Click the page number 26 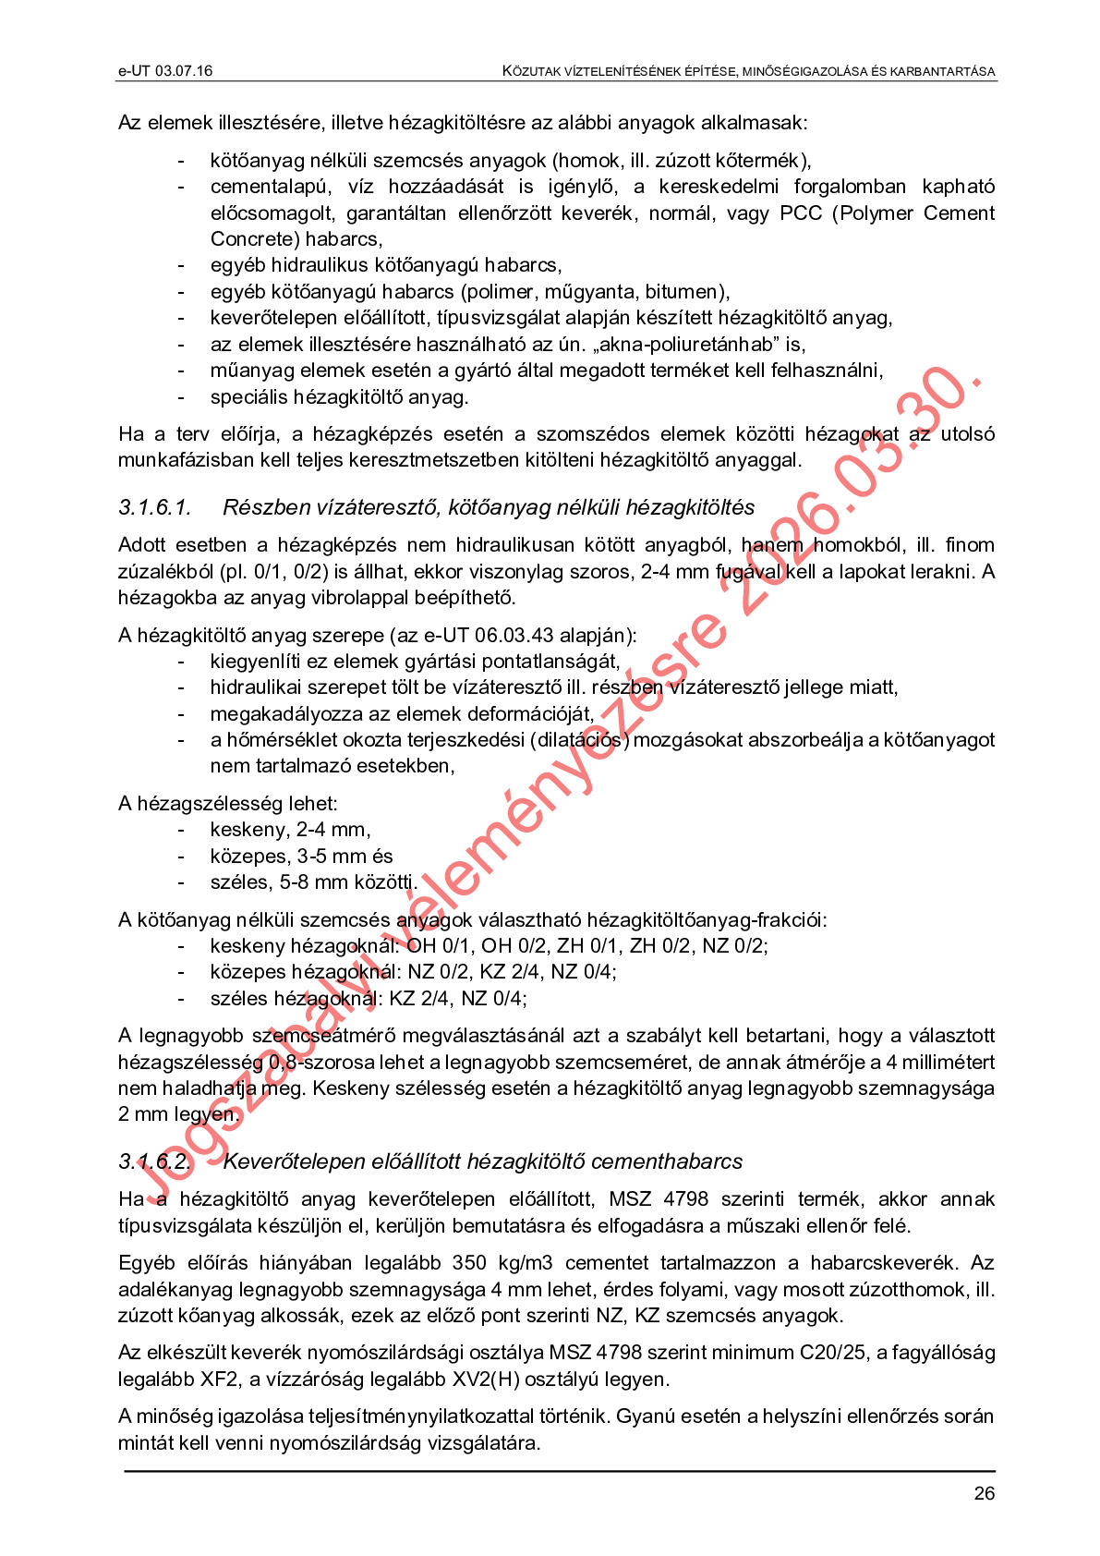(x=984, y=1494)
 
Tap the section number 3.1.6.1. (x=154, y=507)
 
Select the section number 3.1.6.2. (x=154, y=1161)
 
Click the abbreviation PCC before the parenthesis (x=801, y=213)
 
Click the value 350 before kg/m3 (x=470, y=1263)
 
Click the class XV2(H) (x=521, y=1380)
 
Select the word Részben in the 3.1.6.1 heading (x=266, y=507)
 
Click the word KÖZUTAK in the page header (x=532, y=71)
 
